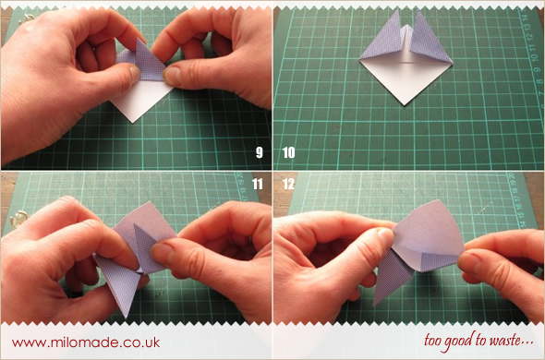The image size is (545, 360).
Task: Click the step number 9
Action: point(260,152)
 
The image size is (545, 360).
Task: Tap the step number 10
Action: point(289,152)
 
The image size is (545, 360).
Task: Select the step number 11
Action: point(258,184)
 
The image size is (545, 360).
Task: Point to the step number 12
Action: point(288,184)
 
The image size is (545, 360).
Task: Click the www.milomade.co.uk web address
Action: point(86,342)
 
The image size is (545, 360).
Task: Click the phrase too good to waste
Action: point(478,341)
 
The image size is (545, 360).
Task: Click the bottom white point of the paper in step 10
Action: point(404,104)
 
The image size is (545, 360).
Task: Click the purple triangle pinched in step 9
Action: point(148,62)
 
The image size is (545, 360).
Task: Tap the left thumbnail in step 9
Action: point(135,73)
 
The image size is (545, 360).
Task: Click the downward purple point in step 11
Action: point(127,316)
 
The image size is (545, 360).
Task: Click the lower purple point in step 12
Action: point(375,304)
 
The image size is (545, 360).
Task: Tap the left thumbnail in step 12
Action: point(385,236)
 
